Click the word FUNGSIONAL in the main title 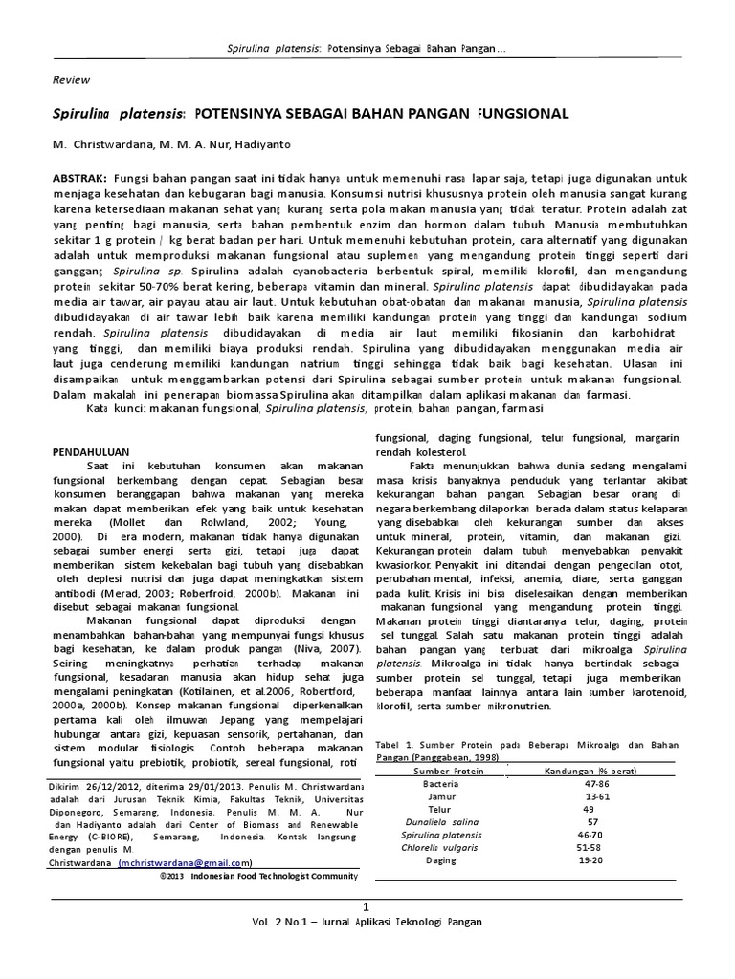coord(522,114)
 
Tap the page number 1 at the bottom coord(365,904)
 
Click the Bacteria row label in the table coord(440,783)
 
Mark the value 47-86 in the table coord(596,783)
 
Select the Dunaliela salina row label coord(439,821)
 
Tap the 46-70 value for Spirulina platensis coord(593,834)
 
